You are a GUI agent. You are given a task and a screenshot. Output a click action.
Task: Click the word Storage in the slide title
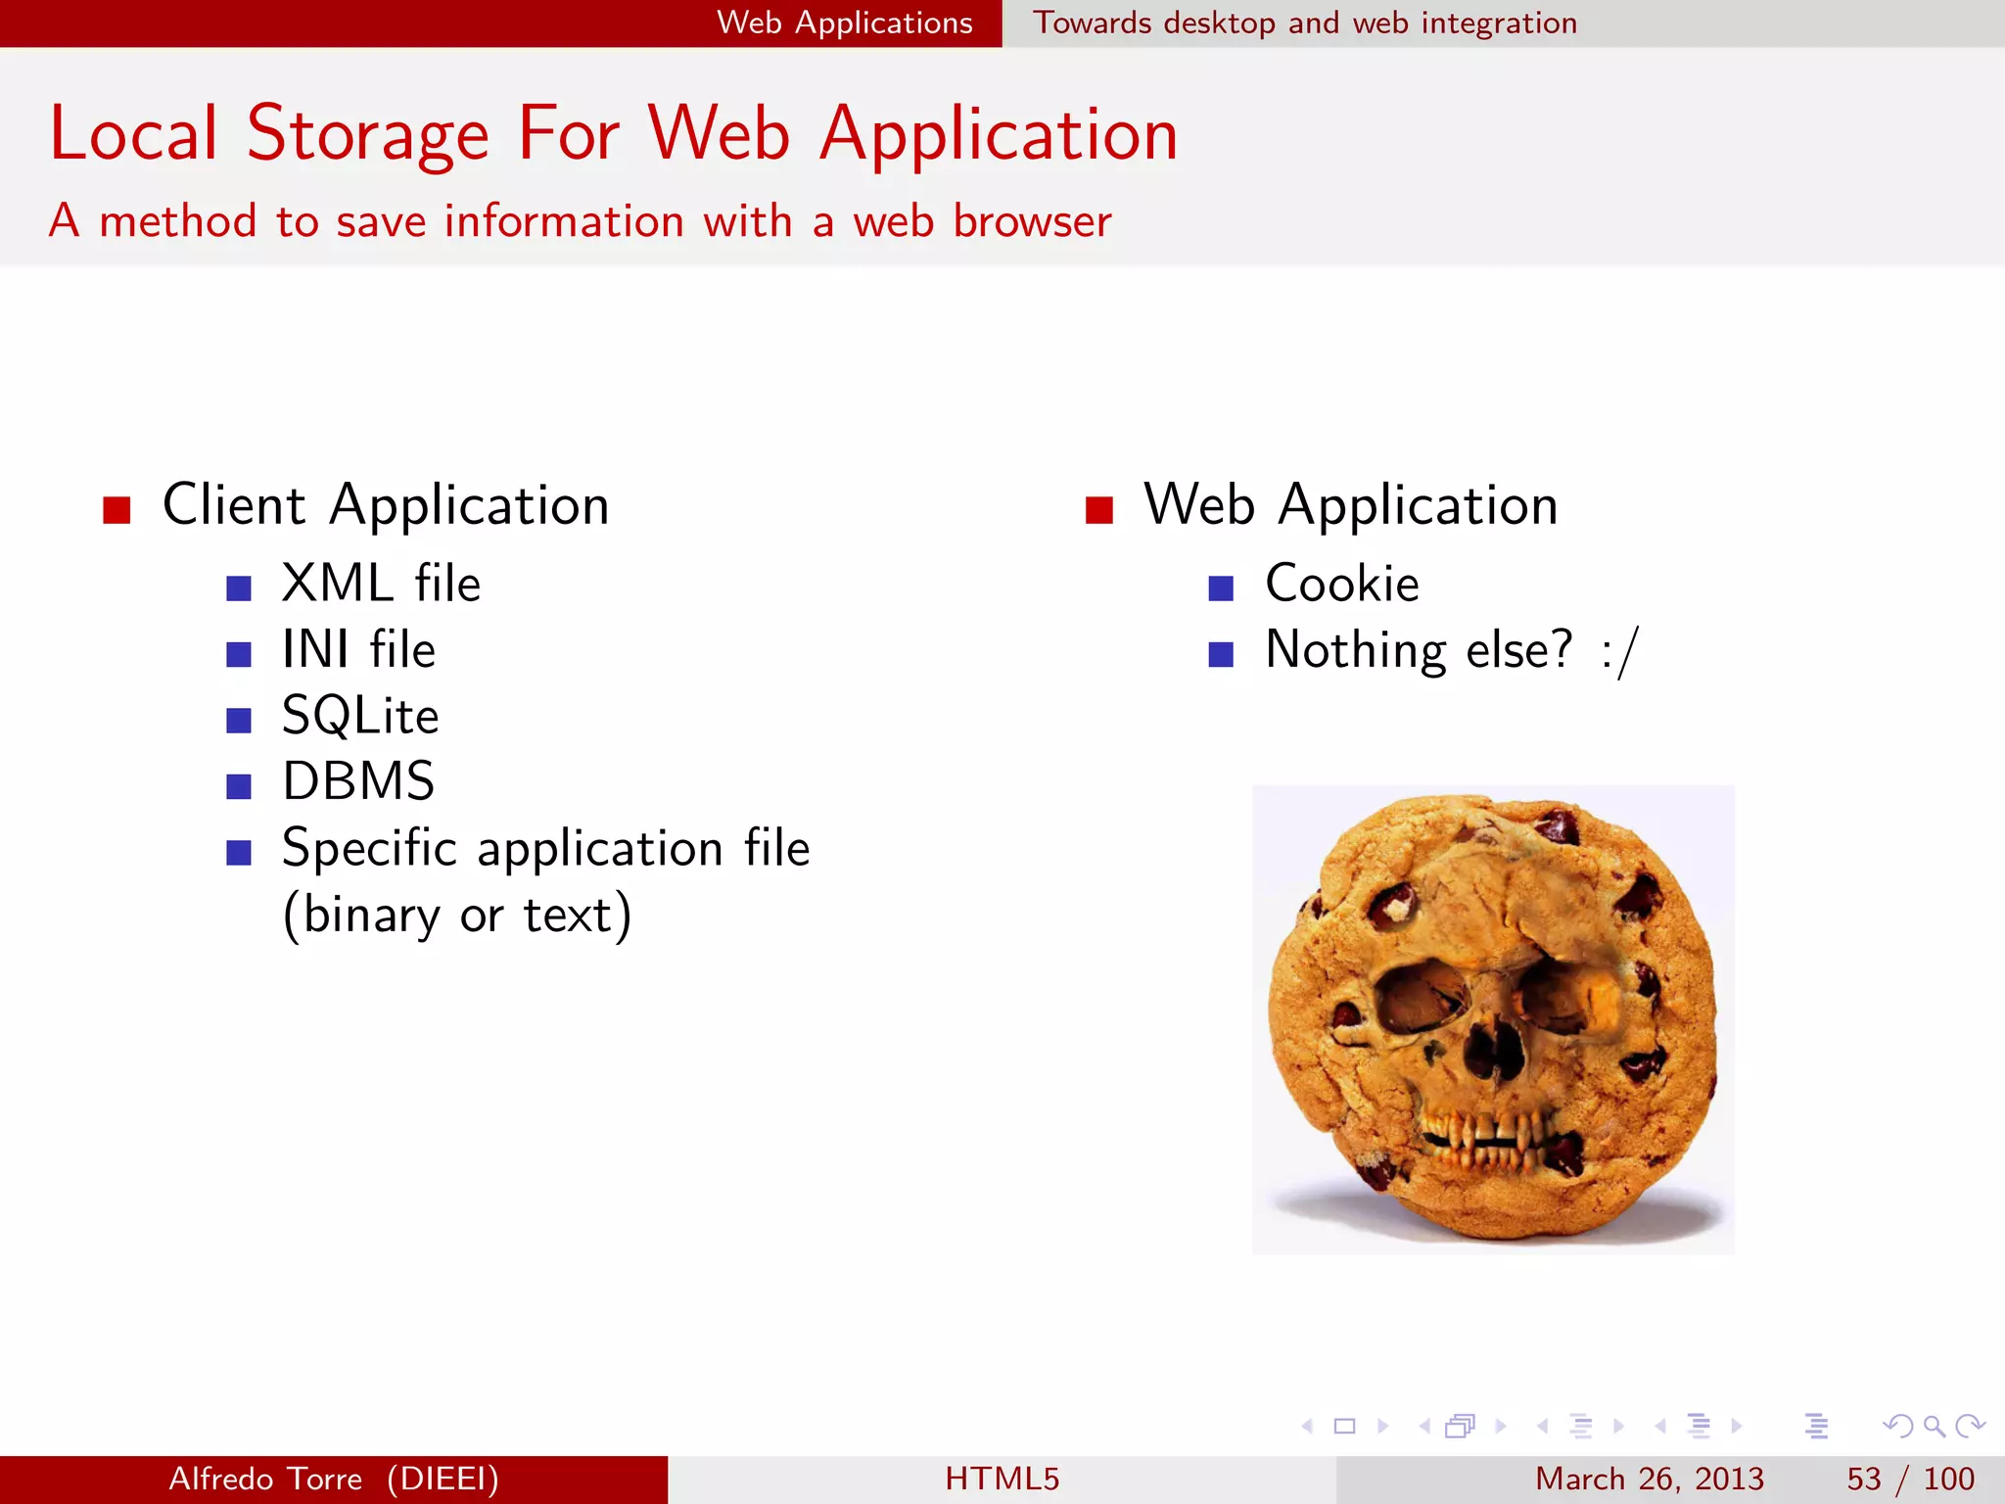click(367, 134)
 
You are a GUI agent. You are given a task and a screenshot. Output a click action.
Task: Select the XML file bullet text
click(381, 584)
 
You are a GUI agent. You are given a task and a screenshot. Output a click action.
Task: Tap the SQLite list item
click(360, 716)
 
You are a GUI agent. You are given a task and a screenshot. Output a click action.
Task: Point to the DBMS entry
click(358, 781)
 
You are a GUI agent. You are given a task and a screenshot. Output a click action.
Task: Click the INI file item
click(358, 649)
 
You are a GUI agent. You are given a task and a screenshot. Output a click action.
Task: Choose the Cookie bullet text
click(1341, 584)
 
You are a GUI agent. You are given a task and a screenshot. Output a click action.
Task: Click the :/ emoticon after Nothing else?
click(1620, 651)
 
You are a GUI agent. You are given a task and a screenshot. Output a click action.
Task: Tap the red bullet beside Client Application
click(117, 510)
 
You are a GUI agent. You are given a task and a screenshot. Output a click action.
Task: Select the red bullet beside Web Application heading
click(1099, 510)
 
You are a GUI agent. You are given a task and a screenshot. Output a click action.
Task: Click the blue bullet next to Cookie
click(1221, 587)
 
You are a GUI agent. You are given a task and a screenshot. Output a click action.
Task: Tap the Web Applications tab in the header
click(844, 23)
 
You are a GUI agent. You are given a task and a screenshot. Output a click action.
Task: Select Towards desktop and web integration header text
click(1305, 23)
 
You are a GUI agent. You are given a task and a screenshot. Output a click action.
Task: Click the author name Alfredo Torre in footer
click(265, 1479)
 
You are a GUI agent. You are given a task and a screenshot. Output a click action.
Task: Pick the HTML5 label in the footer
click(1002, 1479)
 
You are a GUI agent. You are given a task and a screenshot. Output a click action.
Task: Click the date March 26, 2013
click(1649, 1479)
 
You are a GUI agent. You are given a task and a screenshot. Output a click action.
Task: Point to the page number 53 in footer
click(1864, 1479)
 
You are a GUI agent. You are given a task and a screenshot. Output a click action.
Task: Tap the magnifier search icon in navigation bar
click(1934, 1427)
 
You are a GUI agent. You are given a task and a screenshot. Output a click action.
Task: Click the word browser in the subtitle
click(1032, 221)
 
